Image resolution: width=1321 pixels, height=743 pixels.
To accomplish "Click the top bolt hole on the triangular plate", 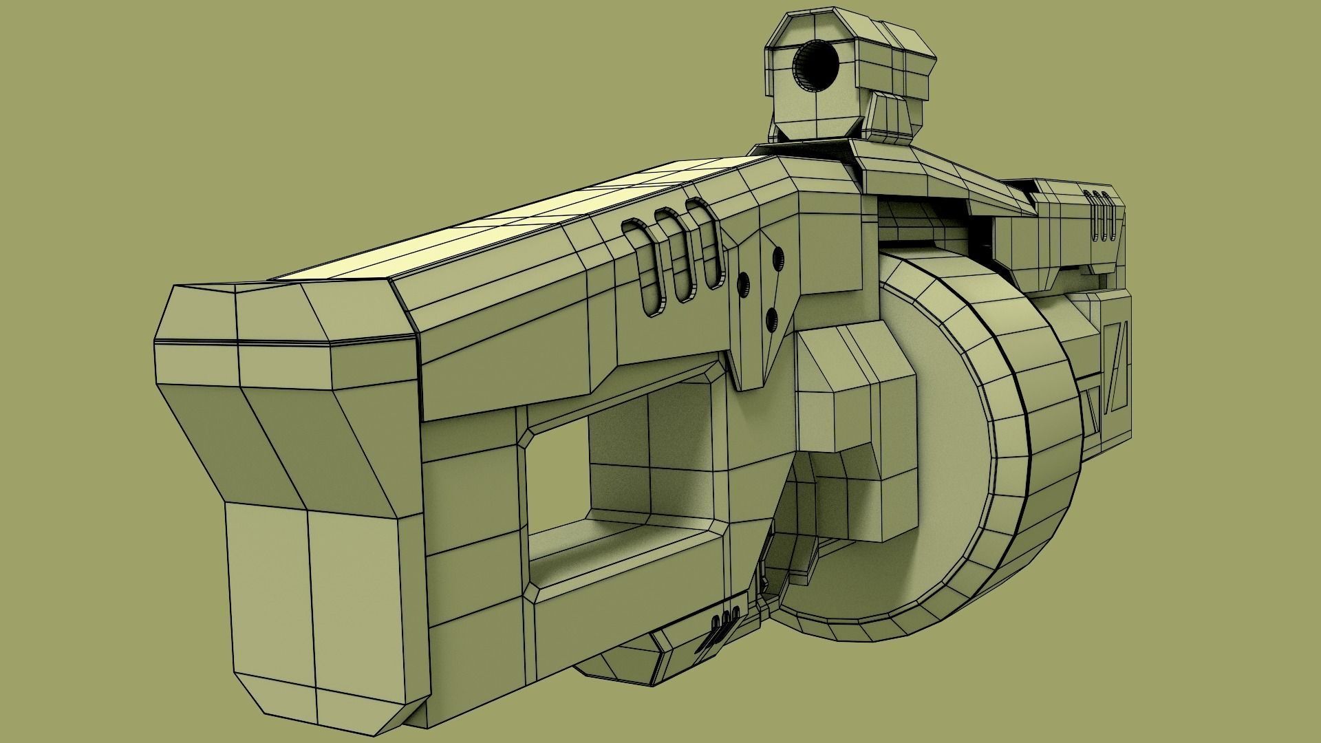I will click(x=779, y=256).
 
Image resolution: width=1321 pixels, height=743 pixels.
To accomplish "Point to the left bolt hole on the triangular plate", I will click(x=743, y=283).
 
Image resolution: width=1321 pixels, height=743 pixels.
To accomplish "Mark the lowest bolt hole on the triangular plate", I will click(x=771, y=317).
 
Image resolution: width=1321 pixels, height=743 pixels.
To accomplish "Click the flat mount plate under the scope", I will click(x=805, y=146).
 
